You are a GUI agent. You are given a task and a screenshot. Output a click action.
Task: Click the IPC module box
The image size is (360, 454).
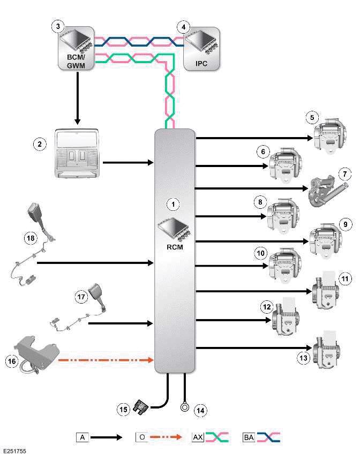pyautogui.click(x=201, y=49)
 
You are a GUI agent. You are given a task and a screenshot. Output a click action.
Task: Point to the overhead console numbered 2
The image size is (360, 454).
pyautogui.click(x=77, y=153)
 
